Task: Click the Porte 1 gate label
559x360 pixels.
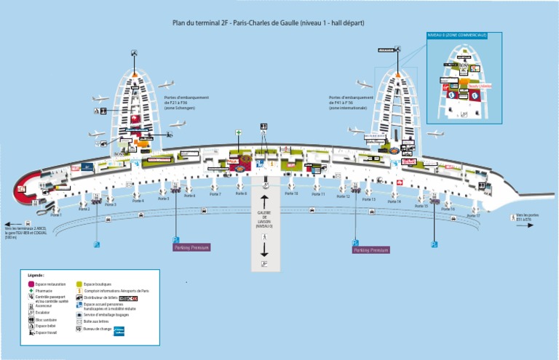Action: tap(55, 215)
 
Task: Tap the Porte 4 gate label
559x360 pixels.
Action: tap(138, 201)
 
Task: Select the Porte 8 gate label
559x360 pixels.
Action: tap(241, 194)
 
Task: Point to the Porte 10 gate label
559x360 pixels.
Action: tap(291, 194)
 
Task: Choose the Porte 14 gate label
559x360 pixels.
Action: tap(394, 201)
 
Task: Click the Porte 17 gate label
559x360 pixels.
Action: tap(473, 216)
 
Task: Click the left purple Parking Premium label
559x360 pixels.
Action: tap(191, 247)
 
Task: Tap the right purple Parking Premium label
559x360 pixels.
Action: tap(371, 249)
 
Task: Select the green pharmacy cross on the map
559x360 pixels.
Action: tap(238, 133)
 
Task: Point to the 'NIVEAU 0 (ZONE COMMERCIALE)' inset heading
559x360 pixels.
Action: tap(456, 34)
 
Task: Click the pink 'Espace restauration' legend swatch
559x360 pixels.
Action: tap(31, 284)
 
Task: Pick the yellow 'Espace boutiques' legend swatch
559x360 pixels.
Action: tap(79, 284)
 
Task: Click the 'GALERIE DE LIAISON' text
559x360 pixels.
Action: tap(263, 219)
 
